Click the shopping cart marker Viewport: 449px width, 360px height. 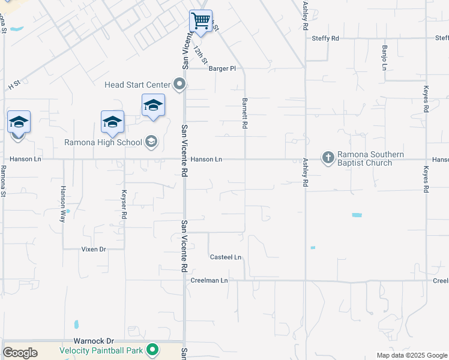[x=201, y=22]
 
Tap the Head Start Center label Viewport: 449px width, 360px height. [x=137, y=85]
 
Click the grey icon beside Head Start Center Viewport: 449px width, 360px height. [x=179, y=84]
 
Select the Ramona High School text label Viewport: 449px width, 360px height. [x=103, y=142]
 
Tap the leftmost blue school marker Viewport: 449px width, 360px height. [x=19, y=122]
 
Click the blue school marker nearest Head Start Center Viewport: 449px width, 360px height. [x=153, y=106]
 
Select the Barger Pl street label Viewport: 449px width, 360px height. [x=222, y=68]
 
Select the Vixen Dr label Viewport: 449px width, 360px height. [x=94, y=249]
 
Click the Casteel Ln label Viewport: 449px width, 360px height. [x=225, y=257]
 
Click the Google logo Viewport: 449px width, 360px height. [x=20, y=353]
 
